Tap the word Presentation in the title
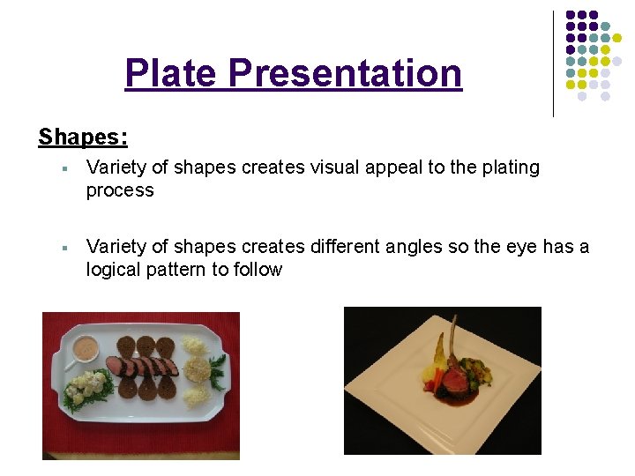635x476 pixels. click(345, 73)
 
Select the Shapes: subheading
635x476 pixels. click(83, 138)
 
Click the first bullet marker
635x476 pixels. click(66, 168)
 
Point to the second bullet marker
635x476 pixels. click(66, 248)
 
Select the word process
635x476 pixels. click(120, 190)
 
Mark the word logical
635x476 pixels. click(116, 270)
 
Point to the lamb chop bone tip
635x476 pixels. click(440, 338)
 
